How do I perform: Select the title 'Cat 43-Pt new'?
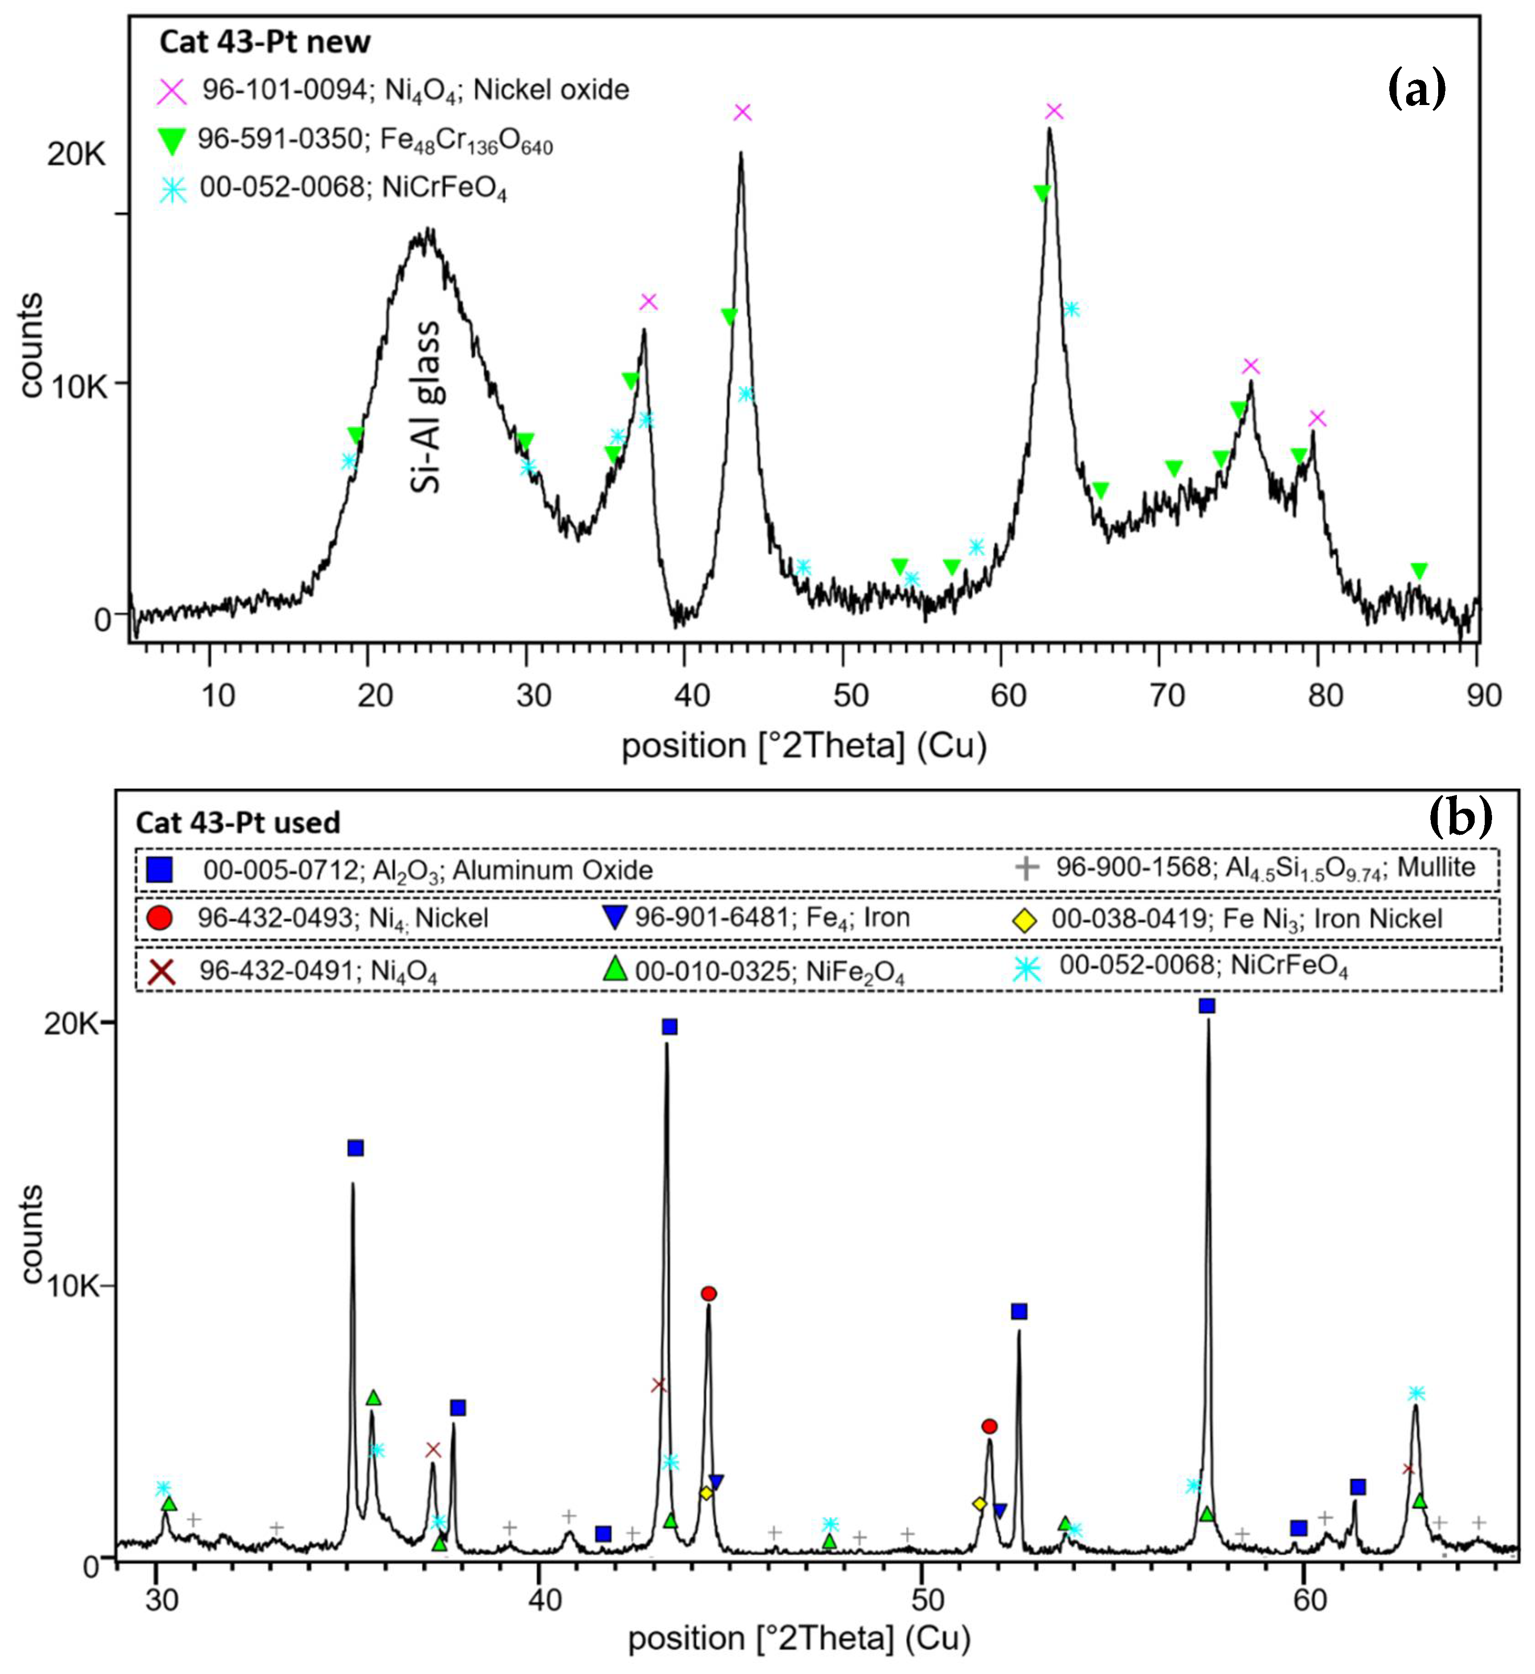click(x=265, y=42)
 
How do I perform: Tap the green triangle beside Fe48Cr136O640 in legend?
click(x=172, y=141)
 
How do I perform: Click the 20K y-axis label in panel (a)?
click(x=76, y=153)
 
